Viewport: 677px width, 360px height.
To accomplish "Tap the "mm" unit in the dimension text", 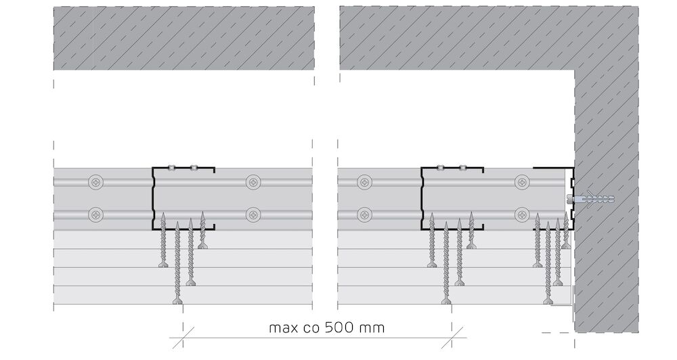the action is point(371,328).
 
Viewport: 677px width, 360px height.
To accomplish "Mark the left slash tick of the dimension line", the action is point(183,338).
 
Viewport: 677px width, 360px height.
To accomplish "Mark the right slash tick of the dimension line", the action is point(452,338).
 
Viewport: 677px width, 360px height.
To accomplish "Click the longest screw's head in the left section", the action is point(177,301).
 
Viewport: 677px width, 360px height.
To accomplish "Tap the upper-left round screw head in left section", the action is point(96,182).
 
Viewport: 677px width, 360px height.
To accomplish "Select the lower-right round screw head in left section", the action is point(253,214).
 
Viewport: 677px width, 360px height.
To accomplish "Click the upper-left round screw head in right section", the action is point(365,182).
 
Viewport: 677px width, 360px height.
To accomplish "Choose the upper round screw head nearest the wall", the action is point(523,182).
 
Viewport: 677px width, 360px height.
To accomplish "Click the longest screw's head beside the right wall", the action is point(548,301).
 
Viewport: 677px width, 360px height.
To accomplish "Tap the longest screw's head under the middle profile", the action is point(446,301).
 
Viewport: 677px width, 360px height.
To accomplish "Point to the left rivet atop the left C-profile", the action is point(171,167).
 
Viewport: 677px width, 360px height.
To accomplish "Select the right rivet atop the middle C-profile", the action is point(463,167).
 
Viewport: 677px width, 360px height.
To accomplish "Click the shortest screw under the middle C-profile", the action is point(471,230).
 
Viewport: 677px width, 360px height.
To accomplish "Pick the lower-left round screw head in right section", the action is point(365,214).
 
